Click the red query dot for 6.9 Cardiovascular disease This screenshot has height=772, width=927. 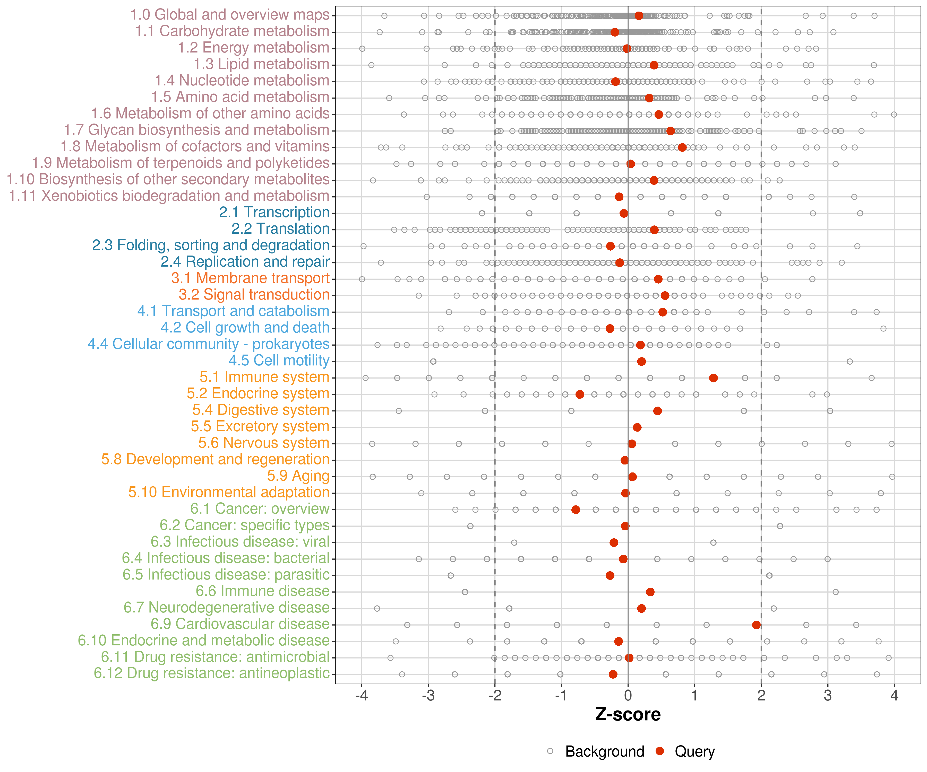(x=756, y=625)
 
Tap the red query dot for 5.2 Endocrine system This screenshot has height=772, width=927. (x=580, y=394)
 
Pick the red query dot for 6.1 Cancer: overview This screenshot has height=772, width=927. (x=576, y=510)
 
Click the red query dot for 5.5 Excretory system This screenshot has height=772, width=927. (x=637, y=427)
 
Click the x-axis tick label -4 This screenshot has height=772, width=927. (x=362, y=696)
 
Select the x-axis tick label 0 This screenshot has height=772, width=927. (x=628, y=696)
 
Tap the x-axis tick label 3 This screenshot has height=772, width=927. (x=828, y=696)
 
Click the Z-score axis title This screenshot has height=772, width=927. (x=628, y=714)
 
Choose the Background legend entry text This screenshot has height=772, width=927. (x=605, y=751)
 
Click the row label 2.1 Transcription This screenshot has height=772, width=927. (x=274, y=212)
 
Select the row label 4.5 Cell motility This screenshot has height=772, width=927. (x=279, y=361)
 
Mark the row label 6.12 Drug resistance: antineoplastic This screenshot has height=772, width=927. (x=212, y=673)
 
